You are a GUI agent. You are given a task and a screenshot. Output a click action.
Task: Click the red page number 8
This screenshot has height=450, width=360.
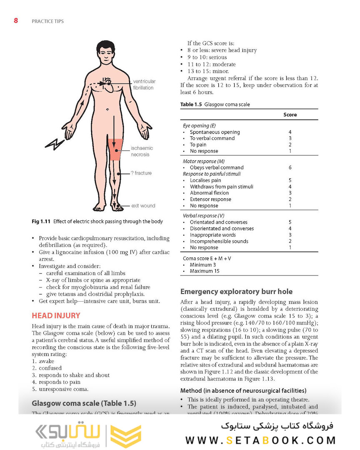coord(16,20)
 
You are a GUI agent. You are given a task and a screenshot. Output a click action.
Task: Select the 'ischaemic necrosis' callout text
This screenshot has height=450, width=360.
coord(142,151)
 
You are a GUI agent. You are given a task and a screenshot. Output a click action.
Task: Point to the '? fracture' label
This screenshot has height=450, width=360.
coord(141,173)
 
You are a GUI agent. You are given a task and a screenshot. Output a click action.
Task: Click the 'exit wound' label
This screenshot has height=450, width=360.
coord(143,206)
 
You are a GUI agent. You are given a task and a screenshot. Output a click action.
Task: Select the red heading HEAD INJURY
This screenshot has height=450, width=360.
coord(56,316)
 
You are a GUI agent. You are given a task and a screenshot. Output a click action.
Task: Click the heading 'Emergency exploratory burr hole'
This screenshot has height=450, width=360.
coord(236,292)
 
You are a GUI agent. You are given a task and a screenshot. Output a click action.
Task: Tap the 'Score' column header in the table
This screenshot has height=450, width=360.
coord(290,115)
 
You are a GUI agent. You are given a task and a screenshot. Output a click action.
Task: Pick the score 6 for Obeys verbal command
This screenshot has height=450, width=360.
coord(290,167)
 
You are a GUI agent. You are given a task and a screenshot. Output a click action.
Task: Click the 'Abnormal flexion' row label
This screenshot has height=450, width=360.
coord(209,193)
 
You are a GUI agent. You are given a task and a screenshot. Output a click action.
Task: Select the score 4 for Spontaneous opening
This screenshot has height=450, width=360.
coord(290,132)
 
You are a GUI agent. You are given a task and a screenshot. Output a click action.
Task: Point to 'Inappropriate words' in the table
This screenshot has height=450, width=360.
coord(212,235)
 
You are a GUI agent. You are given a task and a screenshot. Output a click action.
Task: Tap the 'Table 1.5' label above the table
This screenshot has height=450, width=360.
coord(191,105)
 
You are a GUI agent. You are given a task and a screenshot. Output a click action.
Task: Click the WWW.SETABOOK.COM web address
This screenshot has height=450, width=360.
coord(260,440)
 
